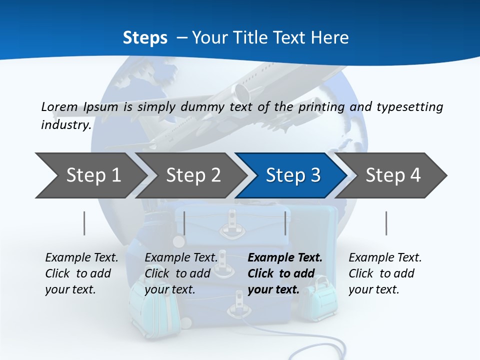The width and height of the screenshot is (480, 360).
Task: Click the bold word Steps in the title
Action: tap(145, 38)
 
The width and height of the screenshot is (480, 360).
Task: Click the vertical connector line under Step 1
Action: tap(84, 223)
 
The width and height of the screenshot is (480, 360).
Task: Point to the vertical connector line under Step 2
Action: tap(184, 223)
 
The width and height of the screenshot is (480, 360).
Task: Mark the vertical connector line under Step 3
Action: tap(285, 223)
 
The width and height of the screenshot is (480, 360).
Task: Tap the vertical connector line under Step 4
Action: tap(386, 223)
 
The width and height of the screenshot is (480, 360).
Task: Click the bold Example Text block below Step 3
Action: tap(285, 273)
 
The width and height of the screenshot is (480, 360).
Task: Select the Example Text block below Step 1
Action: tap(81, 273)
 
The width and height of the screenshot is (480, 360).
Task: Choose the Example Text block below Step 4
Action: tap(385, 273)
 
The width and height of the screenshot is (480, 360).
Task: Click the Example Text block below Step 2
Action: tap(181, 273)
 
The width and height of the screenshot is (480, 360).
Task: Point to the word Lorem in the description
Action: tap(59, 106)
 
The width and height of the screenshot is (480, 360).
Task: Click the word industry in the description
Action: tap(65, 124)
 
